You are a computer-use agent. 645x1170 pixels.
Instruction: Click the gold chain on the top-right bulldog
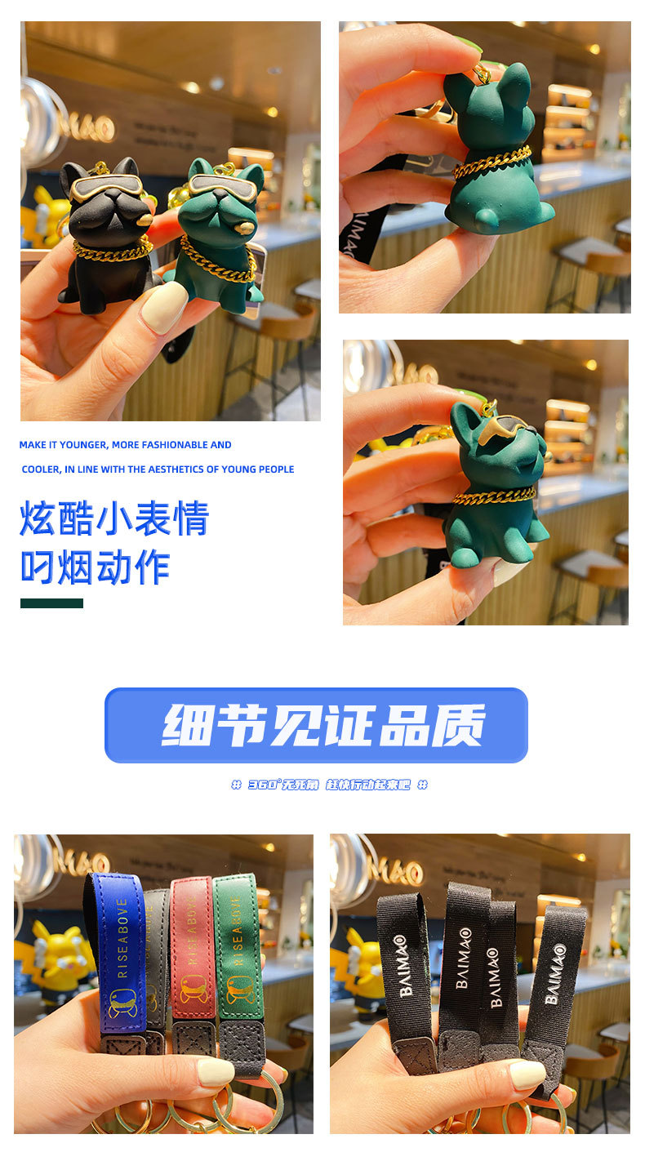pos(492,161)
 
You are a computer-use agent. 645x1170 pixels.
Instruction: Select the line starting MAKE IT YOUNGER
pos(125,445)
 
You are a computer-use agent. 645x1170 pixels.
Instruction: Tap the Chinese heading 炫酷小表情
pos(114,518)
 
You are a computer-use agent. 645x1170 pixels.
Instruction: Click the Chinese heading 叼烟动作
pos(95,567)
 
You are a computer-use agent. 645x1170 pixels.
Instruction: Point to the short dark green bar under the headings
pos(51,603)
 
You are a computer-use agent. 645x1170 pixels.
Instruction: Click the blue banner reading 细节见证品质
pos(316,725)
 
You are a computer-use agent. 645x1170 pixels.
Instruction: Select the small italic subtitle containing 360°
pos(329,785)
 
